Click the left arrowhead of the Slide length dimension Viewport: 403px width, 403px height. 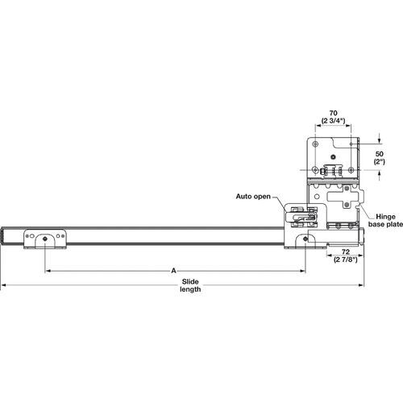4,285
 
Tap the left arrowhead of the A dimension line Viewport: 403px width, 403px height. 47,272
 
